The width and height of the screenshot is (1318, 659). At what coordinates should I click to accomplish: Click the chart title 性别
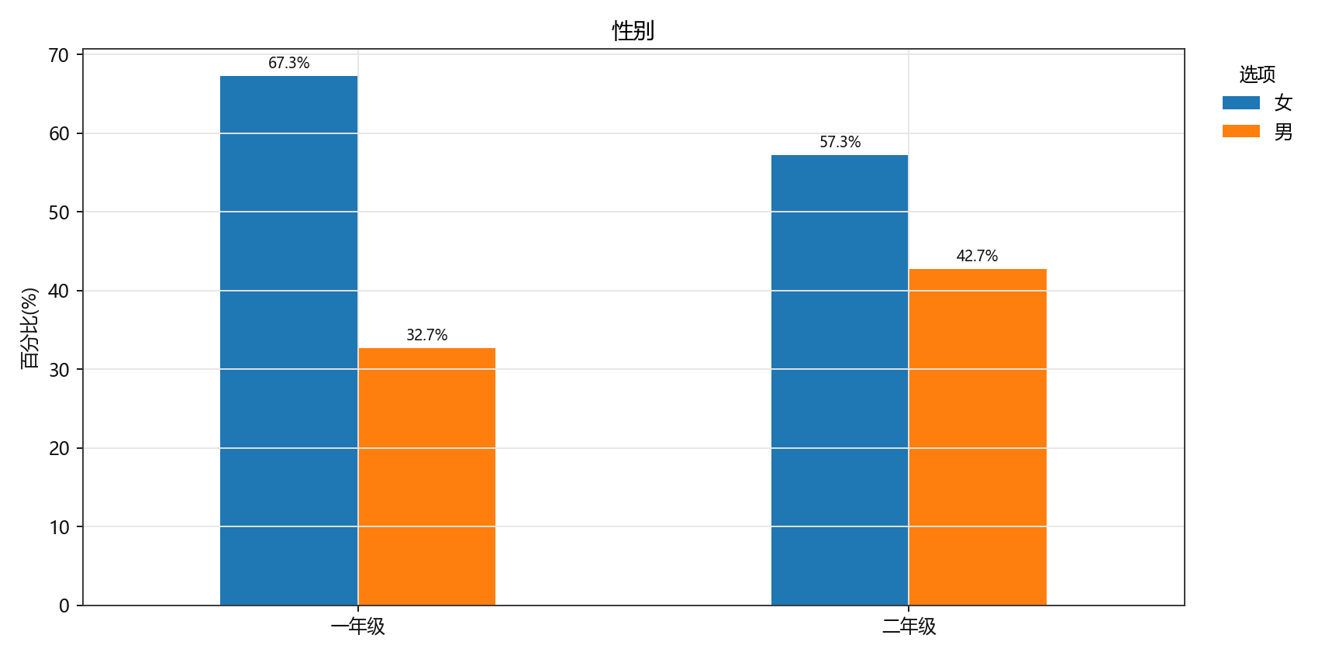click(x=633, y=31)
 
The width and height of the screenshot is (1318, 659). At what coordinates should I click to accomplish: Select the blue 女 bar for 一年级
click(x=288, y=340)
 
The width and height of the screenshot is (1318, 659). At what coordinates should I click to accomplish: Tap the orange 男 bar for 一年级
click(x=426, y=476)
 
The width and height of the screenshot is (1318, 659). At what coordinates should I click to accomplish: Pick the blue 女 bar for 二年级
click(x=840, y=380)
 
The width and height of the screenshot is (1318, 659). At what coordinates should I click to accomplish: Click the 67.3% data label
click(x=288, y=64)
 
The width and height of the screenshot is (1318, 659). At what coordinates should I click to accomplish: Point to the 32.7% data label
click(x=426, y=336)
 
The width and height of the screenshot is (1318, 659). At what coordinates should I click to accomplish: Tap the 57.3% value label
click(x=840, y=143)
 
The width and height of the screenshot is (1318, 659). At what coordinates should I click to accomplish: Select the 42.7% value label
click(x=977, y=257)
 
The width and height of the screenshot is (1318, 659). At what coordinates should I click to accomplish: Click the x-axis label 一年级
click(x=357, y=626)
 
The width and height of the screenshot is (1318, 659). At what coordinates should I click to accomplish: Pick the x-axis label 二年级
click(x=909, y=626)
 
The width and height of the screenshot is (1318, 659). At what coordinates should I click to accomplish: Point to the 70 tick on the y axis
click(x=59, y=55)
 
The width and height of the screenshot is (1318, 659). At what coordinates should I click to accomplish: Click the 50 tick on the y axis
click(x=59, y=212)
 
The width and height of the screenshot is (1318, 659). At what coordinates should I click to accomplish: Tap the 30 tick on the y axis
click(x=59, y=370)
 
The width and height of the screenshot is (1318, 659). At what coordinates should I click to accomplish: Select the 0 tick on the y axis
click(x=64, y=606)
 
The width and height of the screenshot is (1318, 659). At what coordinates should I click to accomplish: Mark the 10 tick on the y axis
click(x=59, y=527)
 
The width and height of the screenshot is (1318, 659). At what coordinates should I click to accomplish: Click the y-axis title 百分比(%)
click(x=29, y=328)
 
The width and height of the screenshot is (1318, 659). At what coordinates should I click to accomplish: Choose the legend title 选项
click(x=1257, y=74)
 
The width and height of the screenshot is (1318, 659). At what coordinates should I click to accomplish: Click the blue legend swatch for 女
click(x=1240, y=102)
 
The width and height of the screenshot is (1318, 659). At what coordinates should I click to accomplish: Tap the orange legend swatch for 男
click(x=1240, y=131)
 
